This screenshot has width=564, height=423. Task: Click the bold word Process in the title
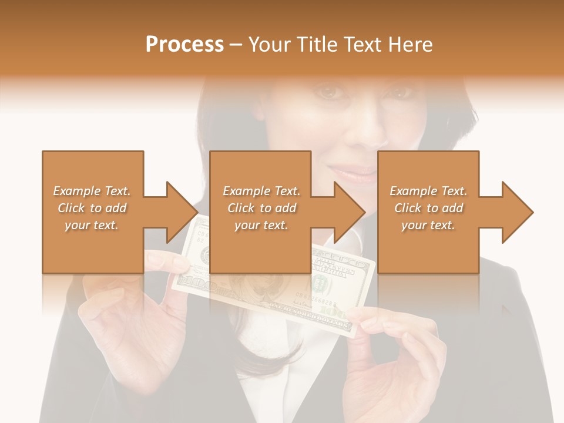coord(184,45)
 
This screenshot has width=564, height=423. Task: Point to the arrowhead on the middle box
coord(347,212)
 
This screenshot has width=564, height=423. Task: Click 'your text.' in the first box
coord(92,225)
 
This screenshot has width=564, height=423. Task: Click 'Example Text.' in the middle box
coord(261,191)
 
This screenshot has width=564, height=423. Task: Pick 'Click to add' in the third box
coord(429,208)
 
